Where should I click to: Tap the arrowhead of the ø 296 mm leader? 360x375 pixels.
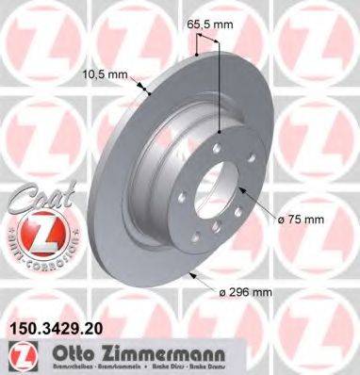click(192, 273)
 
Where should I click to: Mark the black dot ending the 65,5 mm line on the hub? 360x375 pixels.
click(219, 134)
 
